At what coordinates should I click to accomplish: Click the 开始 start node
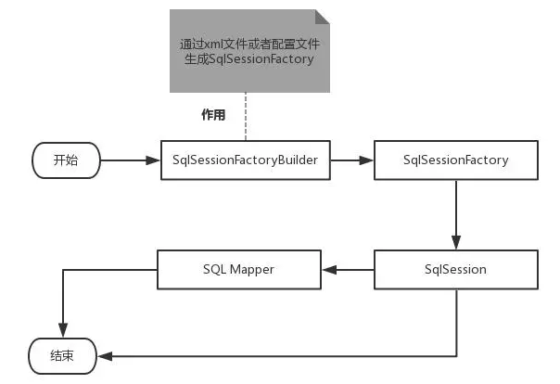pos(66,160)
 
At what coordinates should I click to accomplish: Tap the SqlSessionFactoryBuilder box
pos(245,160)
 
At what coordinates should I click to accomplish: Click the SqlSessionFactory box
pos(455,160)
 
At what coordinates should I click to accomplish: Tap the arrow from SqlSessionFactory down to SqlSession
pos(455,213)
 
